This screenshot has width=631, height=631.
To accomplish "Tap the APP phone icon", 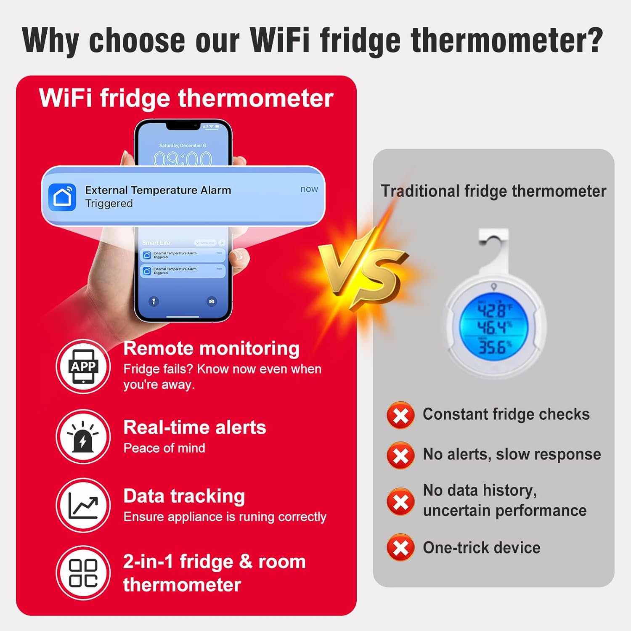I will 83,366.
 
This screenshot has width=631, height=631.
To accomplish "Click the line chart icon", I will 83,505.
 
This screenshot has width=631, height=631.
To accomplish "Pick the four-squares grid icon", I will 83,573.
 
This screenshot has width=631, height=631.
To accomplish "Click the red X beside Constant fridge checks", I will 400,416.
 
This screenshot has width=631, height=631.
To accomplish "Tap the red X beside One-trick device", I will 400,548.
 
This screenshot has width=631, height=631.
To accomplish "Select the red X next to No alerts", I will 400,455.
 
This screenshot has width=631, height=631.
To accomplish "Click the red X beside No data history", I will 400,501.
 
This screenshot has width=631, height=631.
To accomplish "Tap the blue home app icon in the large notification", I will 62,197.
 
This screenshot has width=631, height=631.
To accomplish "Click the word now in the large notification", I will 309,189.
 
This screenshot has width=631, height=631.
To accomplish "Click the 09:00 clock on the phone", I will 183,159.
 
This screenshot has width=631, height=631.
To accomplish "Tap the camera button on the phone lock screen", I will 212,301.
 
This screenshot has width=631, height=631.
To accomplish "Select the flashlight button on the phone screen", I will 154,301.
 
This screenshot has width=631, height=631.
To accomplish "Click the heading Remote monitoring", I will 211,349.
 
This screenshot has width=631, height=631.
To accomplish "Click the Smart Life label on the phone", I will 156,243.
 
